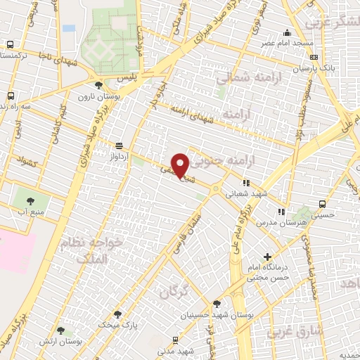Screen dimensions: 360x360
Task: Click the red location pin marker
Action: [x=180, y=165]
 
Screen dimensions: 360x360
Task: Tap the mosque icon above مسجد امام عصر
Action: [x=287, y=32]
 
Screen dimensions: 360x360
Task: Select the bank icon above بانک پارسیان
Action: [x=313, y=57]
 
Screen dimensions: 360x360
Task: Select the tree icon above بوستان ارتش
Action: [x=60, y=330]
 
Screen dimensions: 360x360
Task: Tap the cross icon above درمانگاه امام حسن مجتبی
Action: [x=267, y=257]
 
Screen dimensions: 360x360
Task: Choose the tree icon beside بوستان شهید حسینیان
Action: [x=217, y=304]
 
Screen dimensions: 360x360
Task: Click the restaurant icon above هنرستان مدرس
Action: [x=281, y=210]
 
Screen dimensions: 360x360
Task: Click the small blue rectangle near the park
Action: [x=68, y=28]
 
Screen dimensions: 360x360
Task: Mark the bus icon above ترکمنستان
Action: [x=9, y=44]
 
